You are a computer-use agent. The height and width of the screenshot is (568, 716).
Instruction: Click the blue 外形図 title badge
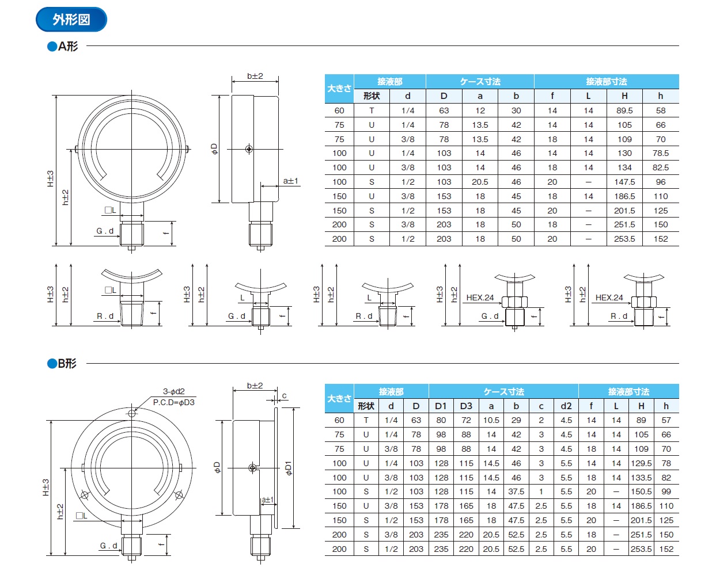[x=71, y=20]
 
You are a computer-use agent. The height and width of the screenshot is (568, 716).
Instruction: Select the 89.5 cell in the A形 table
[x=624, y=110]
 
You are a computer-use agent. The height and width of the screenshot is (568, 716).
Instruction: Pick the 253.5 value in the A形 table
[x=624, y=239]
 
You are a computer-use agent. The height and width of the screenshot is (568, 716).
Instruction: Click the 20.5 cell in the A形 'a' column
[x=480, y=182]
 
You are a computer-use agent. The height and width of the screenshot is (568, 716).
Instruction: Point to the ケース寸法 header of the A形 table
[x=480, y=82]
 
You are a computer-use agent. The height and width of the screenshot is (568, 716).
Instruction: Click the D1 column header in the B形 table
[x=441, y=406]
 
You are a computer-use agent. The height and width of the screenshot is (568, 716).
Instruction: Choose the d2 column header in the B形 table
[x=566, y=406]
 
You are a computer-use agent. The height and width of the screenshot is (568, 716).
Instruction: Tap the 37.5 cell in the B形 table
[x=516, y=491]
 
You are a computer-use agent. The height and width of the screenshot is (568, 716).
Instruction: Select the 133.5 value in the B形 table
[x=641, y=478]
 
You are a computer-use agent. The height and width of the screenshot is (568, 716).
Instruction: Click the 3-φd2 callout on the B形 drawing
[x=173, y=391]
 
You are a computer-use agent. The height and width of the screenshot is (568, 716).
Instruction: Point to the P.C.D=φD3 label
[x=173, y=402]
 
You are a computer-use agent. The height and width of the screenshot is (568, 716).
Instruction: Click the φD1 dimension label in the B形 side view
[x=289, y=468]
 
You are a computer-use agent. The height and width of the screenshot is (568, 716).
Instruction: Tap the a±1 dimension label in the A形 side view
[x=290, y=181]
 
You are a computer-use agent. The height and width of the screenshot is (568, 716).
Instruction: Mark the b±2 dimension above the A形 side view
[x=255, y=76]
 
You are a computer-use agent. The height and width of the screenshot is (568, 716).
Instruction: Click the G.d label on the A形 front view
[x=105, y=231]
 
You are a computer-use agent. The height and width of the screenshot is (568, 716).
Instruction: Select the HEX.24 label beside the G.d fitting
[x=480, y=298]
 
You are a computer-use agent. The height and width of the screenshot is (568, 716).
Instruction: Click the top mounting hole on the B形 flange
[x=132, y=413]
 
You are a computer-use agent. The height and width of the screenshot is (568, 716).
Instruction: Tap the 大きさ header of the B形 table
[x=339, y=398]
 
